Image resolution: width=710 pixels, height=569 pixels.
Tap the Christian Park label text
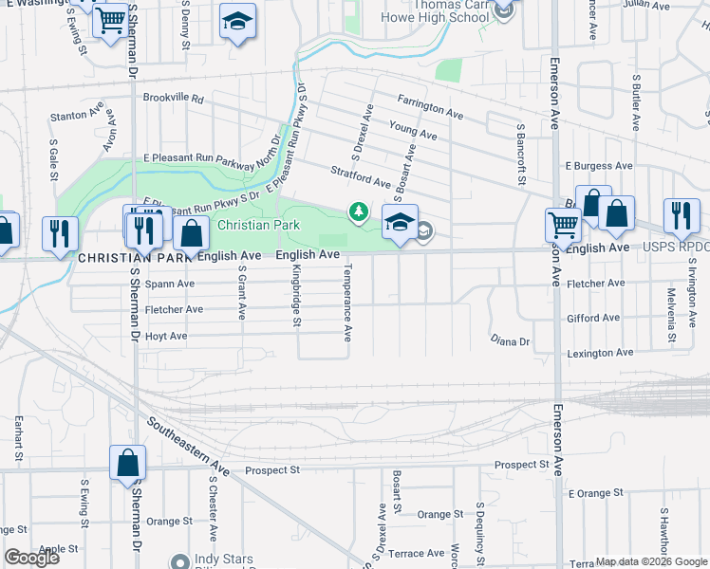tap(258, 226)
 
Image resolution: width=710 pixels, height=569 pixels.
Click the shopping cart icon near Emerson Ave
tap(563, 226)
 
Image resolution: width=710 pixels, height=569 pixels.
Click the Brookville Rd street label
tap(174, 98)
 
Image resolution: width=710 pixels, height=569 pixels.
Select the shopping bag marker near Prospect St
tap(127, 464)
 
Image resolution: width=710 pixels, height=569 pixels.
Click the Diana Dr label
tap(510, 340)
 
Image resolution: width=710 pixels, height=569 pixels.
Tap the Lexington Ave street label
tap(601, 353)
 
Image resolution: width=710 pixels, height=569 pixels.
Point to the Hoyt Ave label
tap(165, 336)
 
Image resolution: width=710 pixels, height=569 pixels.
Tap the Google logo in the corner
tap(31, 558)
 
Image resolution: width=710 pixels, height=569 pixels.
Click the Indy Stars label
tap(224, 560)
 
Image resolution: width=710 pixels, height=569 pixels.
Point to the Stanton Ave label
tap(77, 117)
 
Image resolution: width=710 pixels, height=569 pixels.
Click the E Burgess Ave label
tap(598, 165)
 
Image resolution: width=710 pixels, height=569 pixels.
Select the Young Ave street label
tap(413, 130)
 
